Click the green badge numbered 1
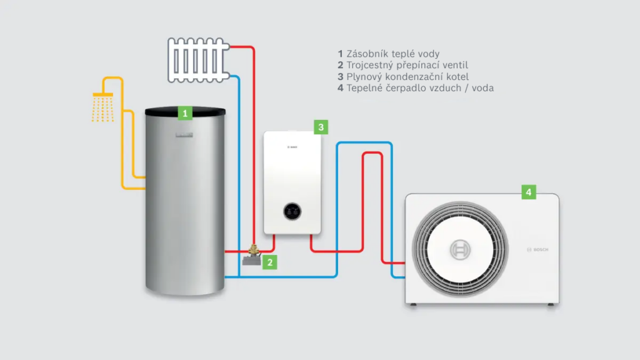coord(184,113)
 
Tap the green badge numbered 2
coord(269,262)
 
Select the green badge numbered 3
coord(321,127)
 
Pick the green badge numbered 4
coord(529,192)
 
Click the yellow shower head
coord(102,94)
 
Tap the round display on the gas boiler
coord(292,212)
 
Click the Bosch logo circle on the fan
coord(461,249)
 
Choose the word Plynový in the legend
coord(366,76)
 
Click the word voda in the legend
coord(482,87)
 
